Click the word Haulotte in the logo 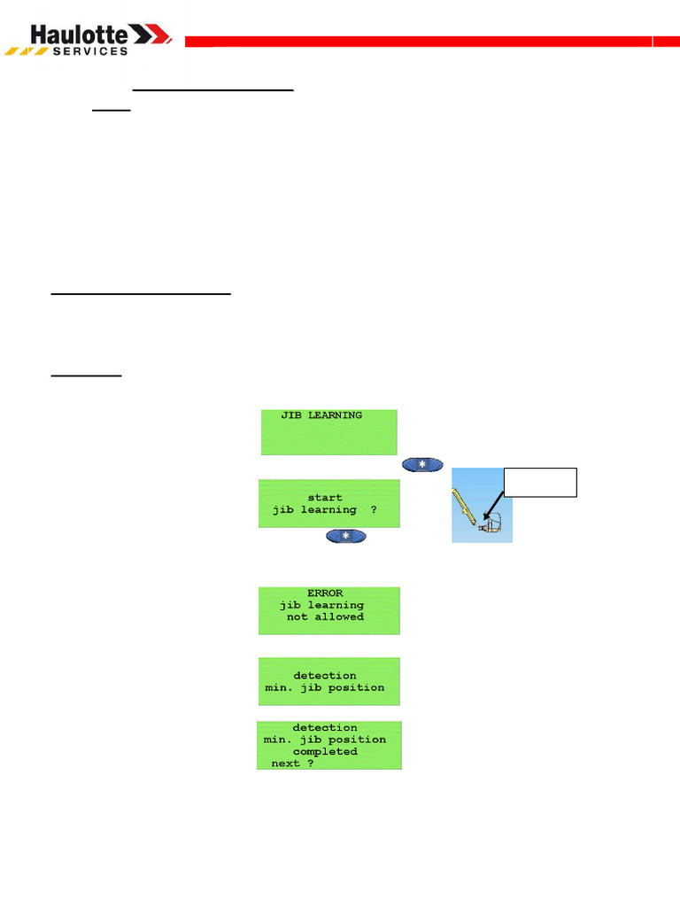[x=81, y=35]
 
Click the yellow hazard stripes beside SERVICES [x=27, y=51]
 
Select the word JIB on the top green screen [x=291, y=415]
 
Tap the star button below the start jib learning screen [x=346, y=536]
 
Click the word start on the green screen [x=325, y=498]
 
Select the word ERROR [x=325, y=593]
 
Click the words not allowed [x=325, y=616]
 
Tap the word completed [x=325, y=751]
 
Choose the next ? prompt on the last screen [x=292, y=763]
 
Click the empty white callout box [x=540, y=482]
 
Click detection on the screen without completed [x=325, y=676]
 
